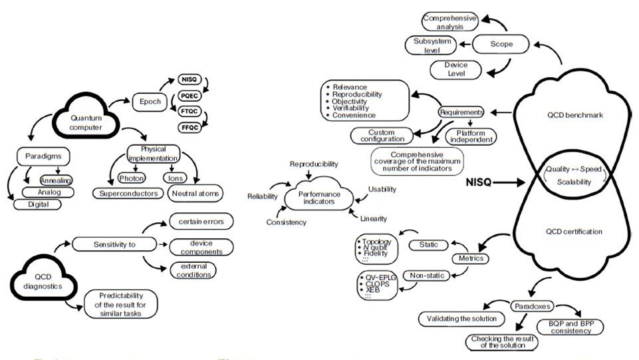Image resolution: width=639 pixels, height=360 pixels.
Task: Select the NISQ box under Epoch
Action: click(190, 80)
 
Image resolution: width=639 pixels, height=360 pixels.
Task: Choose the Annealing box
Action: click(57, 180)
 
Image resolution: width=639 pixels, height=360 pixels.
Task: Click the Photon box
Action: click(130, 178)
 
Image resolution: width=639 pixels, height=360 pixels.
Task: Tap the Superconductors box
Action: click(129, 194)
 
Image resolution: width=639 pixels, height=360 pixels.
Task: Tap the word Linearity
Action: click(375, 218)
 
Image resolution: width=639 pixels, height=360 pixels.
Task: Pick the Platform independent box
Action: click(471, 136)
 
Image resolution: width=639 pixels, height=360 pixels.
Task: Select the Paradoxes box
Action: click(530, 305)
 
